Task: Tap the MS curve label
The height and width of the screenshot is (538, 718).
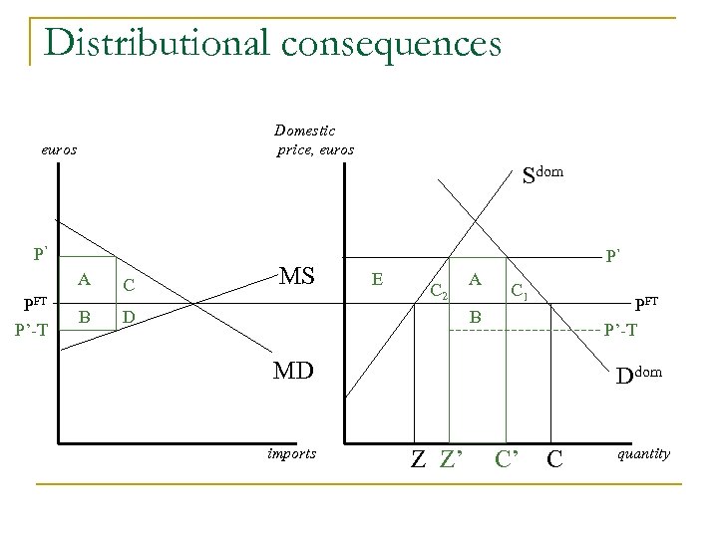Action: [x=298, y=272]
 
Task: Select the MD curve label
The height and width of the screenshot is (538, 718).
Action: [x=296, y=372]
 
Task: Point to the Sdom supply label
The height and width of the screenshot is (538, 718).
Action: [x=542, y=175]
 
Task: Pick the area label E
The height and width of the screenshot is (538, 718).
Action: [x=377, y=280]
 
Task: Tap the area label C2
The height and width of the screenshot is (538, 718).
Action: [x=440, y=290]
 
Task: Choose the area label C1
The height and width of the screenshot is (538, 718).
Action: [x=520, y=291]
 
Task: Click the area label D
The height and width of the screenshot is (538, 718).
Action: [x=128, y=318]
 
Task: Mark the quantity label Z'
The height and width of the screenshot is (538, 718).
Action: [x=453, y=459]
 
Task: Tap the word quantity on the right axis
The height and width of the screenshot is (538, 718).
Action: [x=643, y=454]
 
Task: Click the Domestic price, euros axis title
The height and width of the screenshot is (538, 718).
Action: [x=313, y=140]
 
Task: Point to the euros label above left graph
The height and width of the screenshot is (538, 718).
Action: [x=59, y=150]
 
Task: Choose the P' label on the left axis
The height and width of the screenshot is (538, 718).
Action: [x=41, y=253]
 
